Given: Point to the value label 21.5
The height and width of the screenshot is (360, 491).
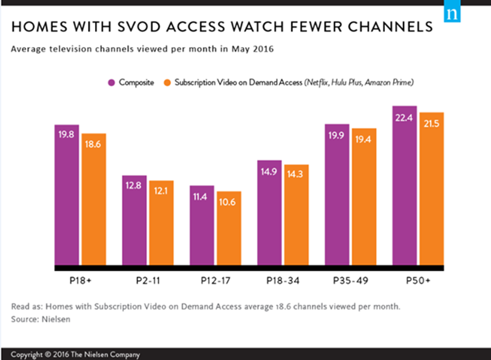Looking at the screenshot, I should [x=432, y=123].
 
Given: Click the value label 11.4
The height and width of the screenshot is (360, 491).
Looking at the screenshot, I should [x=202, y=197].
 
